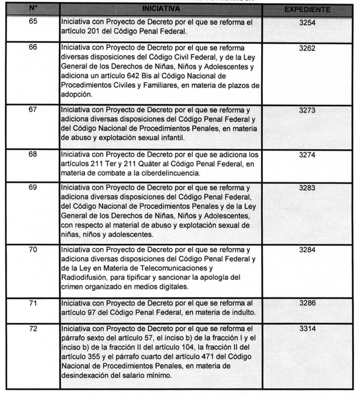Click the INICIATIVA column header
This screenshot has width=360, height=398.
tap(161, 10)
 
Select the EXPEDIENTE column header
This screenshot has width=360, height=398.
tap(307, 10)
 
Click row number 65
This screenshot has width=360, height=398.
tap(33, 22)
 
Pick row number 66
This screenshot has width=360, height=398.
tap(33, 47)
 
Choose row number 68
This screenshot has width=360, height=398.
tap(33, 154)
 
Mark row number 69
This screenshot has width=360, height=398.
tap(33, 188)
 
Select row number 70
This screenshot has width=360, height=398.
tap(33, 249)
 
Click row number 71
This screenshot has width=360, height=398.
tap(33, 303)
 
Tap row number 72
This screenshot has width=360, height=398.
tap(33, 329)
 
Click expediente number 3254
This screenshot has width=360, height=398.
tap(307, 22)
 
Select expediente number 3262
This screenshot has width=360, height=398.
tap(307, 47)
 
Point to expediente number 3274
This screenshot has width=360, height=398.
tap(307, 154)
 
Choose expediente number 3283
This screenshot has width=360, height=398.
tap(307, 188)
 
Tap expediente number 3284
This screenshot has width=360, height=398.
tap(307, 249)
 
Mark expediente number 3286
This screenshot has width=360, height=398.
tap(307, 303)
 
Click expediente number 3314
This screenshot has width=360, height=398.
tap(307, 329)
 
